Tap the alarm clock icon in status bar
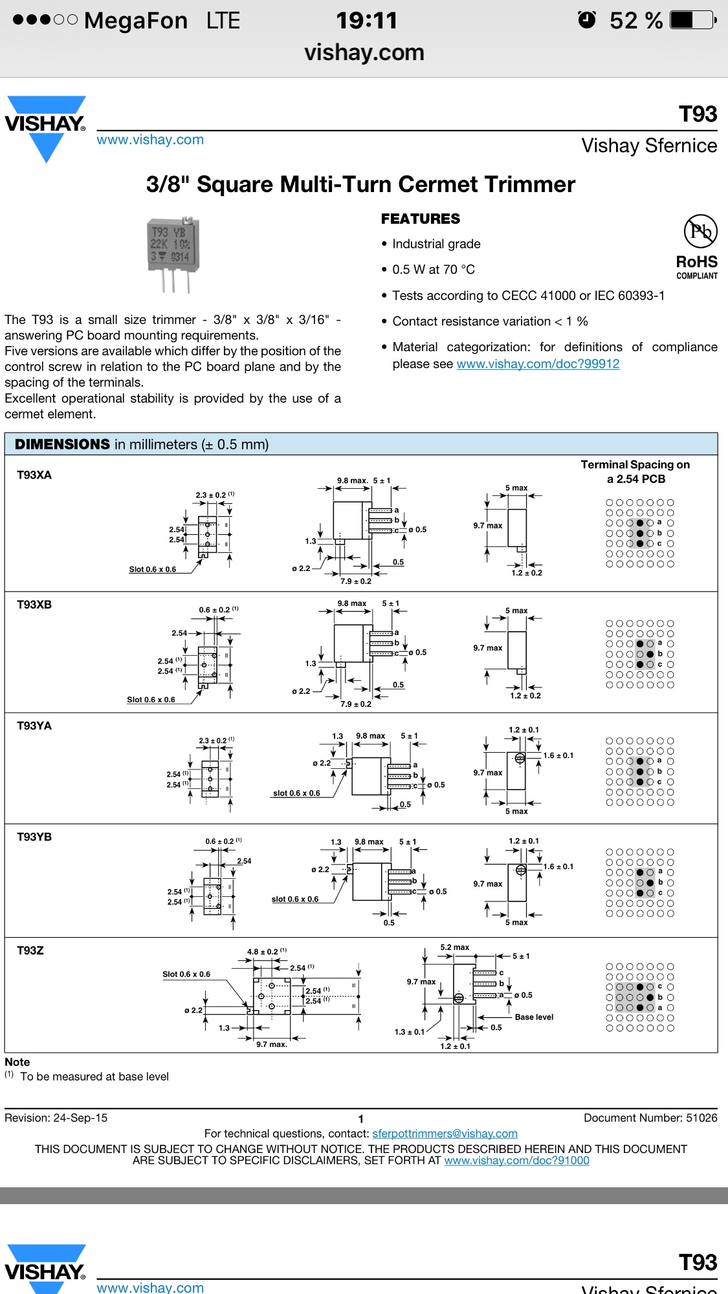(587, 20)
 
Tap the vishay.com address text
(364, 52)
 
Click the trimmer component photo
(173, 254)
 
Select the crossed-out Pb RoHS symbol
(700, 231)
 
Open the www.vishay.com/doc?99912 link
(538, 364)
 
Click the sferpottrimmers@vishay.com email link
(445, 1134)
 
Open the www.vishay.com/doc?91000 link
(516, 1161)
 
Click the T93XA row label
(34, 475)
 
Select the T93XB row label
(34, 605)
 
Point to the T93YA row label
(34, 726)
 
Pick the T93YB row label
(34, 837)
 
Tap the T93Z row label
(30, 951)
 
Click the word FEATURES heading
(421, 219)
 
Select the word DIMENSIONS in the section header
(62, 444)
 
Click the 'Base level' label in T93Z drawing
(534, 1017)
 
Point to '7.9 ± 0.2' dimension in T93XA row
(356, 581)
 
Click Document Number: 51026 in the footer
(650, 1118)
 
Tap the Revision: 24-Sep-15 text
(56, 1118)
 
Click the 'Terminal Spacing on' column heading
(635, 465)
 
